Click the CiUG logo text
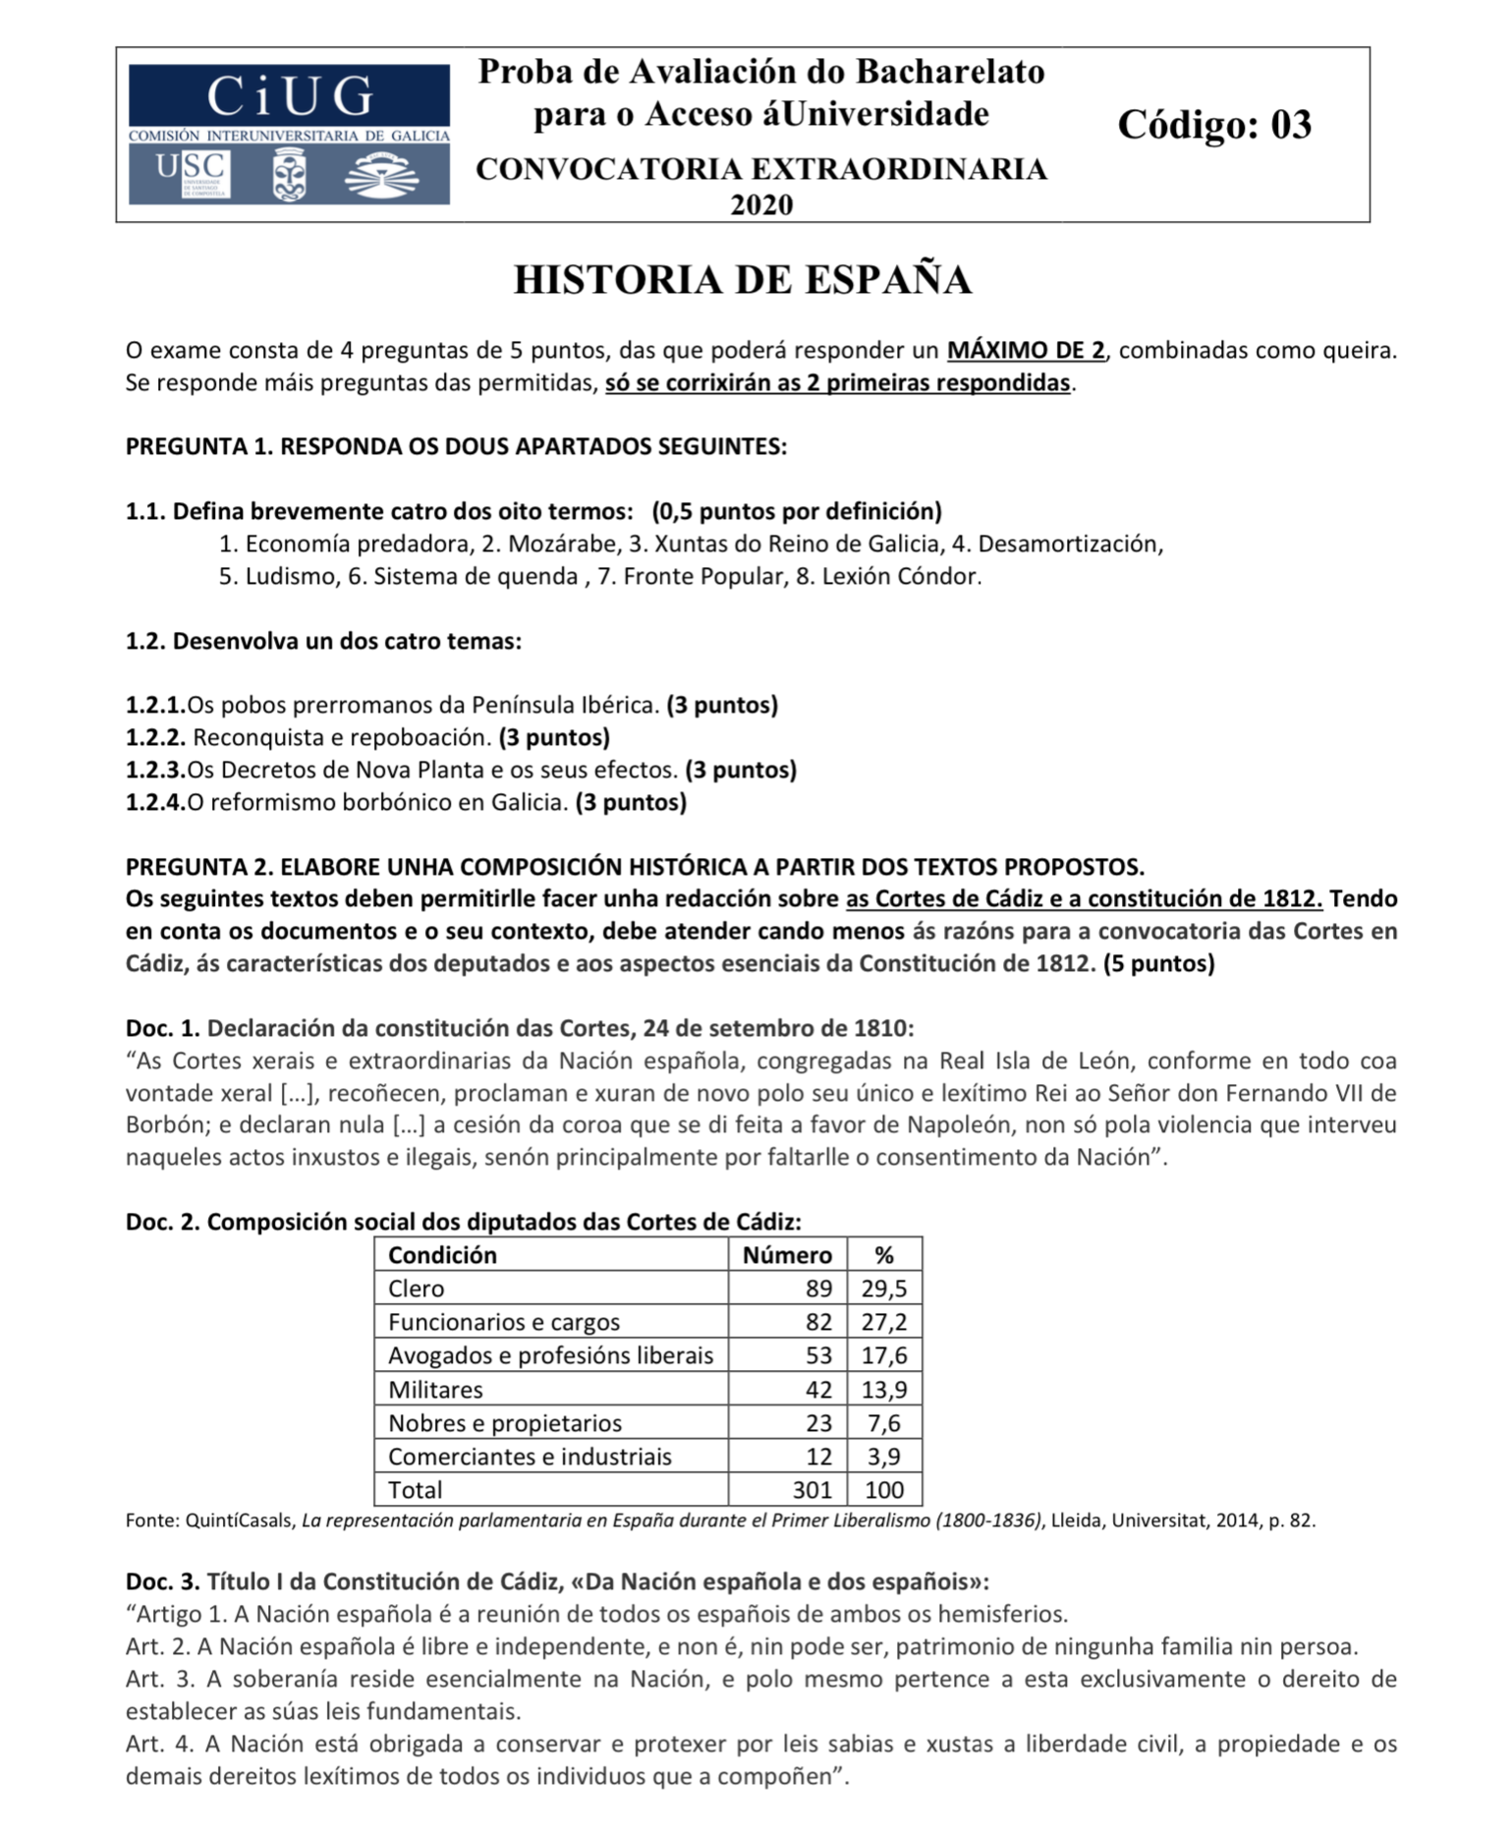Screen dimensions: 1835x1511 289,97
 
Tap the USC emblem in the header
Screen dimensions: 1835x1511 193,174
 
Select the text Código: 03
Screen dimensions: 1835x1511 1214,125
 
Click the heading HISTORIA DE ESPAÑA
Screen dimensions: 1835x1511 743,280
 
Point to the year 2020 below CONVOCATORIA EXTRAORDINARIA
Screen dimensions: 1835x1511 761,204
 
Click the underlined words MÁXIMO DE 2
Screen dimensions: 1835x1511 1026,351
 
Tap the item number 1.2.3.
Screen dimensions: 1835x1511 155,771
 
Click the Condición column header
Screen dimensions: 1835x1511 442,1255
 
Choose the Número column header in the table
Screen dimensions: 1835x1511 787,1255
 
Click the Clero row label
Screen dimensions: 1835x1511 416,1289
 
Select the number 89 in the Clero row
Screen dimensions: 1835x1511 818,1289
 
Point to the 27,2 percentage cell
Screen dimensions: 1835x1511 884,1322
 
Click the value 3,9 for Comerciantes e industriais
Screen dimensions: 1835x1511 884,1457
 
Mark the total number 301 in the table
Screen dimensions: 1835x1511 812,1490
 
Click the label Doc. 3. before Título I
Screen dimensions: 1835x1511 163,1581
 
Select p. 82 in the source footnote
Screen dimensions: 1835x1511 1291,1520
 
